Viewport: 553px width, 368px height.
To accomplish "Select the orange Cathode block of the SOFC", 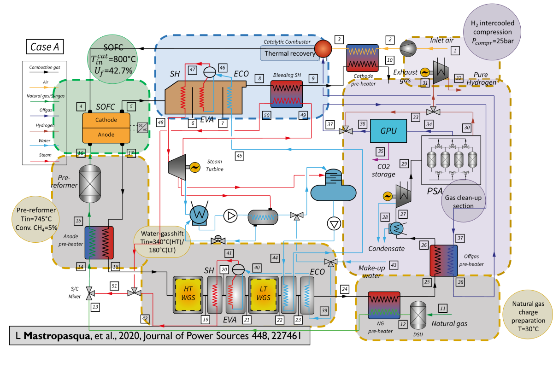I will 106,120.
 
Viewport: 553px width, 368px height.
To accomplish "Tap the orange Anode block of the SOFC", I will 106,135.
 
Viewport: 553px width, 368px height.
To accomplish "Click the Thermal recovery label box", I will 289,53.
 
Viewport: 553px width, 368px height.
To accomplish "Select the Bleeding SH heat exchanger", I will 286,94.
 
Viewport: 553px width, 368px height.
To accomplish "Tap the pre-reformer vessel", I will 90,184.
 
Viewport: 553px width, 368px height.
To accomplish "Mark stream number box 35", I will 380,151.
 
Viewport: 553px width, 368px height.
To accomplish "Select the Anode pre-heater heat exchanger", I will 99,242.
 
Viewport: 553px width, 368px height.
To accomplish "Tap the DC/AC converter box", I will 143,127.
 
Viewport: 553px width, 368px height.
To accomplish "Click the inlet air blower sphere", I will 408,49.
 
